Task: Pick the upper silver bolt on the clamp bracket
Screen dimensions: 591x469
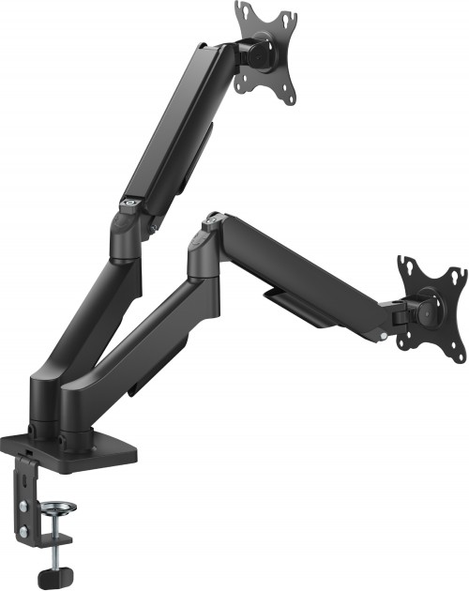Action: coord(23,481)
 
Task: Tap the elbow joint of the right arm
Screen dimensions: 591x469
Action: coord(204,249)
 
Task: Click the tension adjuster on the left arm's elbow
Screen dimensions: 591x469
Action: coord(129,200)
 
